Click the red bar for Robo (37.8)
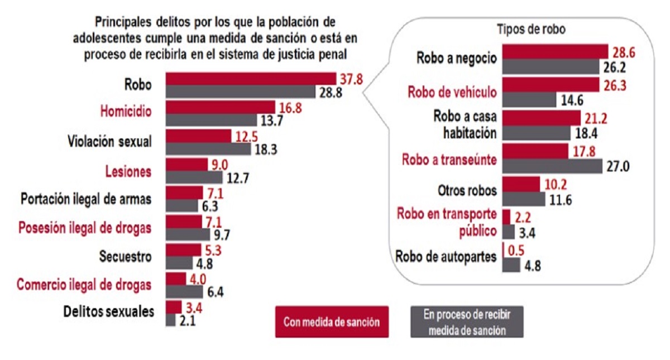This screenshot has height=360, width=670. [x=250, y=79]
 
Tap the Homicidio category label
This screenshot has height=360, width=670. [x=126, y=112]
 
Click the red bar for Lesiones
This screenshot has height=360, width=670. [x=187, y=165]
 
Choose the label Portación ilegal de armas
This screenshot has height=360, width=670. [x=86, y=199]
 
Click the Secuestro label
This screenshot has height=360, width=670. [x=126, y=257]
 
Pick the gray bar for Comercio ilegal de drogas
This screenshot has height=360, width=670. [x=184, y=291]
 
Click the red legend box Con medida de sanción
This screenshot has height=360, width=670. [x=332, y=321]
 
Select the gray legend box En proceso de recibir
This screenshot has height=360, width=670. [x=467, y=321]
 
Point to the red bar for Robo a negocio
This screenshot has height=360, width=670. [x=555, y=51]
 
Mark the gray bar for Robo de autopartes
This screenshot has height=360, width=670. [x=511, y=265]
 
